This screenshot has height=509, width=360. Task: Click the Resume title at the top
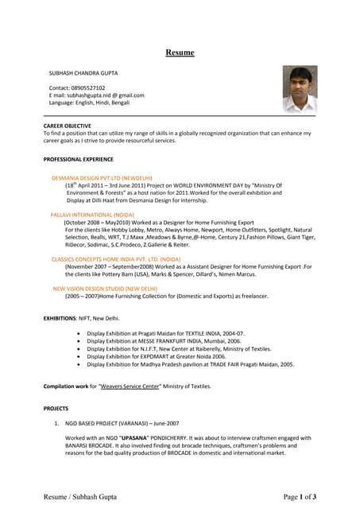(180, 52)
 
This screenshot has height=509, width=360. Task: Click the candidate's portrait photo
(300, 89)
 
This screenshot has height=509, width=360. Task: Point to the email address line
(96, 95)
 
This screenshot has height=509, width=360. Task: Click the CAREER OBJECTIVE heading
(67, 126)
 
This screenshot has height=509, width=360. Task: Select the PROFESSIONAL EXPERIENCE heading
(78, 160)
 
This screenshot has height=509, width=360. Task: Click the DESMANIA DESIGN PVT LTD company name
(102, 178)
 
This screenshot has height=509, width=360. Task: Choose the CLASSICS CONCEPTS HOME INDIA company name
(116, 259)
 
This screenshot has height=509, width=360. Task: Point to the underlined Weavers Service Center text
(130, 387)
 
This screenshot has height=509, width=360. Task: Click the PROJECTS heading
(56, 409)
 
